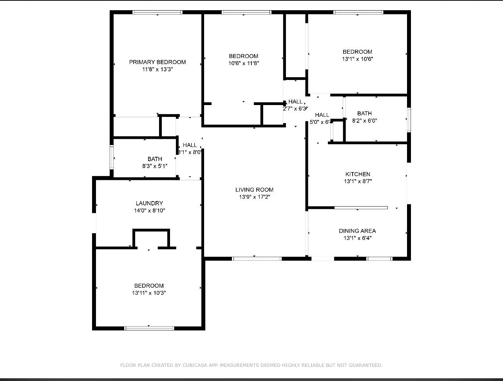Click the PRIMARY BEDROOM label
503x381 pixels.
157,62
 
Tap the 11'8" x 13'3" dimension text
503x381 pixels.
157,69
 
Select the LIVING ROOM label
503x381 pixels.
254,190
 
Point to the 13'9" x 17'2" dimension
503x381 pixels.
254,197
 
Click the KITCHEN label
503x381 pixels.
358,174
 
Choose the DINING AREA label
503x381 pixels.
357,231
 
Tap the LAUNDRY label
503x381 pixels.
149,203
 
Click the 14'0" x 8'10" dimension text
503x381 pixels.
149,210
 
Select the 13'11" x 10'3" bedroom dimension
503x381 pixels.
149,293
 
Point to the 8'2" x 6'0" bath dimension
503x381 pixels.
364,121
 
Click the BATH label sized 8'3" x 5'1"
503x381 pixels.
155,159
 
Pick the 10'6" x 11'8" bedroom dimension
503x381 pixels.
244,63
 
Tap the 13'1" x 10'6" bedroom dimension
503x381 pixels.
357,59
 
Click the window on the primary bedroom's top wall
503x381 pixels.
157,13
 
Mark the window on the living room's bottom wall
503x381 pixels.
257,259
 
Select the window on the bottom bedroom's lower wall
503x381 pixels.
149,328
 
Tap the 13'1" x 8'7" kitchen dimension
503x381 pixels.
358,181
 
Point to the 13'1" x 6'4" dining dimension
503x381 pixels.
357,238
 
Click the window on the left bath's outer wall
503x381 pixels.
112,157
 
